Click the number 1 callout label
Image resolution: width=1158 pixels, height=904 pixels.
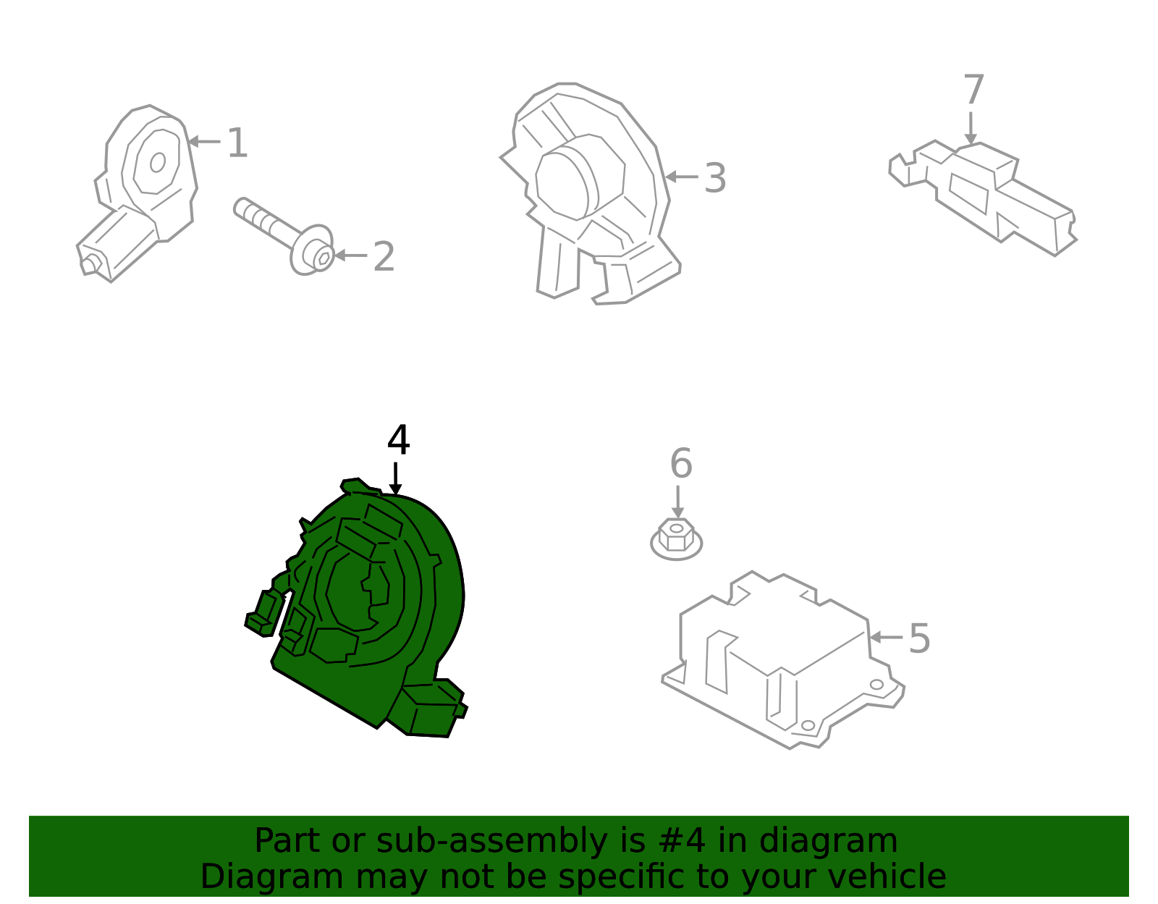(x=237, y=143)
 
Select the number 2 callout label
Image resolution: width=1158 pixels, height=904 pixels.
(x=384, y=257)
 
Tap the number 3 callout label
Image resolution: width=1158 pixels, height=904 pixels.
(x=715, y=178)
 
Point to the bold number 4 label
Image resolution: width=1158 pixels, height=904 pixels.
(x=398, y=440)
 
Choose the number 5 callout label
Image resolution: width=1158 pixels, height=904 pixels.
(x=919, y=638)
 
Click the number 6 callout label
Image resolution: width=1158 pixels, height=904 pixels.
(x=681, y=463)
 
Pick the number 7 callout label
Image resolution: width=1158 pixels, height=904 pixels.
(x=973, y=89)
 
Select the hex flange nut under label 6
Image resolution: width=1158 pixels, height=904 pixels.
(x=677, y=538)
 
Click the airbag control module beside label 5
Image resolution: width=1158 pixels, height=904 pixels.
(x=783, y=661)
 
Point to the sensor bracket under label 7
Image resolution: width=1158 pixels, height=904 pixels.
(x=983, y=197)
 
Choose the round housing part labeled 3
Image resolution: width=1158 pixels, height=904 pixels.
(x=589, y=192)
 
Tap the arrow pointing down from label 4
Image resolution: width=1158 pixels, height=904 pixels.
(x=395, y=478)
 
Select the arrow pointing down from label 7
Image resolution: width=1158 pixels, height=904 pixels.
(x=971, y=128)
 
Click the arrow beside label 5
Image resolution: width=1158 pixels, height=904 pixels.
(x=886, y=638)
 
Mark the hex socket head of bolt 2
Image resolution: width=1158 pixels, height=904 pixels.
(x=323, y=258)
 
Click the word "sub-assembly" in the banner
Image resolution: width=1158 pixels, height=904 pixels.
(x=491, y=841)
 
